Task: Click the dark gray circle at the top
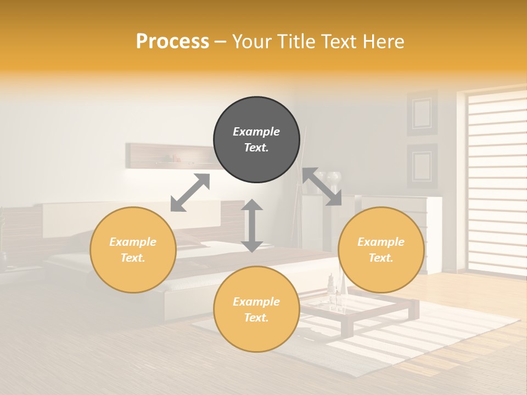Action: pos(256,140)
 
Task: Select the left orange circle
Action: pos(133,250)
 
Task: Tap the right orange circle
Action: pos(381,250)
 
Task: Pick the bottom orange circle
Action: pos(256,309)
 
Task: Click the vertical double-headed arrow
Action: pos(252,225)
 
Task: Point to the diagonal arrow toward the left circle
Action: pos(190,193)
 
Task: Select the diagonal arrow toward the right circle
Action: pos(322,187)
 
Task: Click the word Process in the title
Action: pos(172,41)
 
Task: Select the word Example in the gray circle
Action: pos(256,132)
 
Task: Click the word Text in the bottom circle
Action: pos(256,318)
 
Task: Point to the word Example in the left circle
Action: pos(133,242)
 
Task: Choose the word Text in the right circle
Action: pos(380,258)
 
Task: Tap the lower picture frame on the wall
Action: pos(422,166)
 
